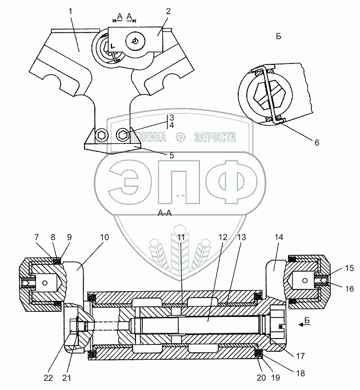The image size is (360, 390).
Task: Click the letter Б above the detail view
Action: [278, 37]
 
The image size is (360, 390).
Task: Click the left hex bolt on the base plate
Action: [102, 135]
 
